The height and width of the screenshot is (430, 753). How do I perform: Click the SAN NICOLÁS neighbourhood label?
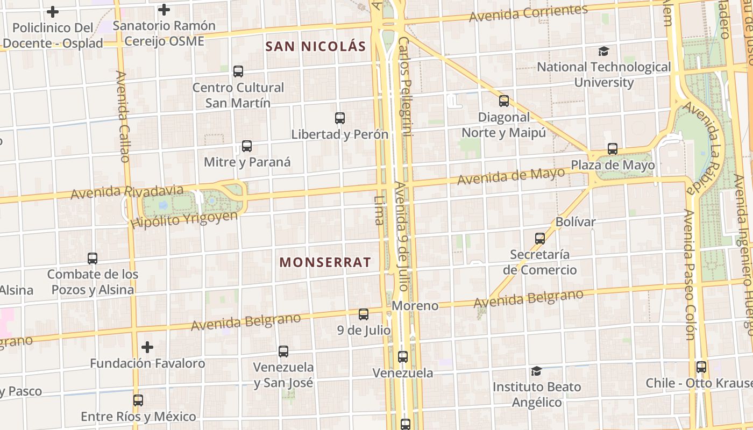point(316,47)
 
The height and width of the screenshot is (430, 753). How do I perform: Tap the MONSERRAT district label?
point(325,262)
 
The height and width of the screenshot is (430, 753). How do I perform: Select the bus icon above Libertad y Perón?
point(340,118)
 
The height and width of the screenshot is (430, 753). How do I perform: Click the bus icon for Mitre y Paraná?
point(247,146)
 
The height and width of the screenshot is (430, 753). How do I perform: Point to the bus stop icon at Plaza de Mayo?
point(613,149)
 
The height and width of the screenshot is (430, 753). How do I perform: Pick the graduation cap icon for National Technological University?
point(604,52)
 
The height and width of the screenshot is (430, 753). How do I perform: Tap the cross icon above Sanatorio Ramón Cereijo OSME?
point(164,10)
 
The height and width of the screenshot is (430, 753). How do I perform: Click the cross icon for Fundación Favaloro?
point(147,347)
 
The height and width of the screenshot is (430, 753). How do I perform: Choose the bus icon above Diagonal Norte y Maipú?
point(504,101)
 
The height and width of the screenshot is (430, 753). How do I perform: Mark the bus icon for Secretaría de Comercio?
point(540,238)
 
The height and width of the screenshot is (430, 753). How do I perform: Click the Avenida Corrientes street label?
point(528,13)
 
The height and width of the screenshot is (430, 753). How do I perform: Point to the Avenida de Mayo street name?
point(511,176)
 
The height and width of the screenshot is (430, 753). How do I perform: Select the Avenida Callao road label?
point(123,117)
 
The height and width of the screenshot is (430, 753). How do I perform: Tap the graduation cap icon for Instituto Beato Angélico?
point(536,371)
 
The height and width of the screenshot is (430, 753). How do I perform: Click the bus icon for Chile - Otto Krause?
point(701,367)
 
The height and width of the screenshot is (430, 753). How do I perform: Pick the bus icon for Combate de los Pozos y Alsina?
point(93,259)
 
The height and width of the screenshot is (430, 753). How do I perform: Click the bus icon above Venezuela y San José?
point(283,352)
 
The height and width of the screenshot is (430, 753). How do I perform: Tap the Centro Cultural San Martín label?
point(238,95)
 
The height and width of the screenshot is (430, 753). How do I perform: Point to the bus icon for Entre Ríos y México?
point(138,400)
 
